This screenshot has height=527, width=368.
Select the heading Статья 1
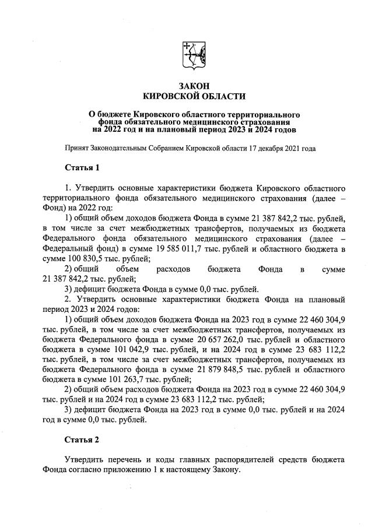pos(82,168)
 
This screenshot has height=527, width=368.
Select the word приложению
pos(150,470)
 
